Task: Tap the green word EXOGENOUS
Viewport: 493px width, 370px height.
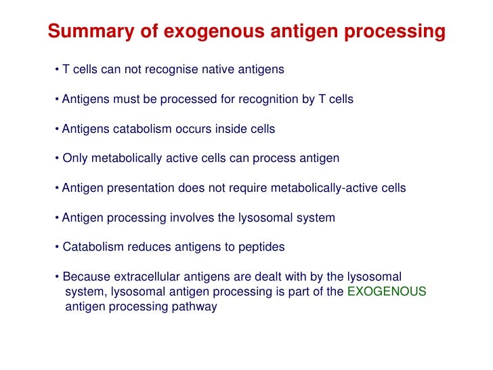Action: [387, 291]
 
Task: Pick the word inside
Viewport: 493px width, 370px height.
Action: [229, 129]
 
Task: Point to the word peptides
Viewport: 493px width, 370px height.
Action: [261, 247]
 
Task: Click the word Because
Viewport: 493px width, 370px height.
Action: [86, 276]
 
